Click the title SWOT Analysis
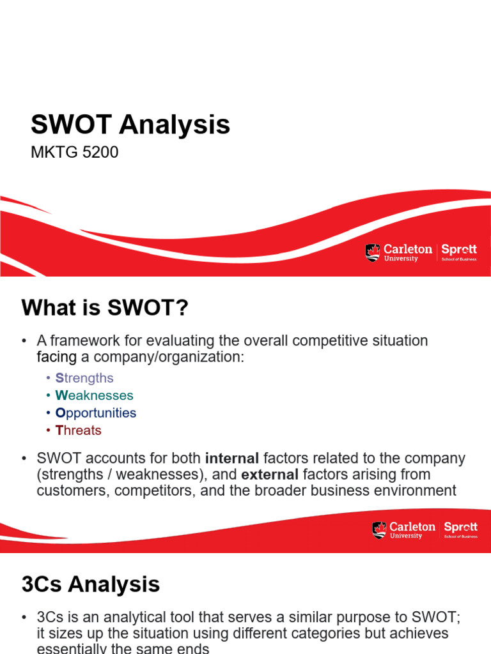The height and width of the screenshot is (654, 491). click(130, 125)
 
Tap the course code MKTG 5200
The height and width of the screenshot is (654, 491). click(75, 152)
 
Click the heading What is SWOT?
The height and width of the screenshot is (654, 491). click(105, 308)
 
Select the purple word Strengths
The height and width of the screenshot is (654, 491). click(84, 378)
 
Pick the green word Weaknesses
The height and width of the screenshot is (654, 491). click(95, 395)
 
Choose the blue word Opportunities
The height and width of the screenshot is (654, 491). click(96, 413)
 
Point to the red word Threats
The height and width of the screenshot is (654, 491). click(79, 430)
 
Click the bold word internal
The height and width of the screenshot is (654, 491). click(232, 459)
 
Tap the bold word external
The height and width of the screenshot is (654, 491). click(270, 475)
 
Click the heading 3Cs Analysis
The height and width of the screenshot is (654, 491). click(91, 584)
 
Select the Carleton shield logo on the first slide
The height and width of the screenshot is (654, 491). click(373, 252)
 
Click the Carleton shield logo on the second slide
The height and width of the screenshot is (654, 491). click(379, 530)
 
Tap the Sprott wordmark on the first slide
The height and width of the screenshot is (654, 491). click(459, 252)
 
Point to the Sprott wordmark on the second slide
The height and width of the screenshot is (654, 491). click(460, 529)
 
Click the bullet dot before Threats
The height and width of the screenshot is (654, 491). click(49, 430)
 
